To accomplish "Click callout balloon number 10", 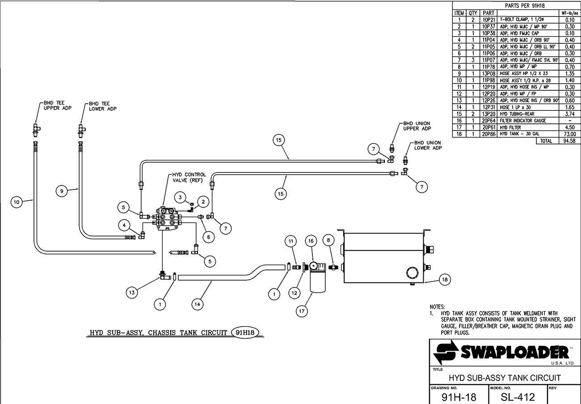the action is pos(17,202).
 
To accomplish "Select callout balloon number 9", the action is pos(62,191).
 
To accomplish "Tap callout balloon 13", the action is pos(132,293).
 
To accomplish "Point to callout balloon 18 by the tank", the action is pos(445,279).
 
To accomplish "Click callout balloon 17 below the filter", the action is pos(302,311).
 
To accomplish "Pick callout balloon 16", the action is pos(311,241).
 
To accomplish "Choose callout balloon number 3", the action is pos(180,198).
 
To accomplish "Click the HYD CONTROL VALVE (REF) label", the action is pos(189,177).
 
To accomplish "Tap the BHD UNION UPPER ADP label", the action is pos(417,126).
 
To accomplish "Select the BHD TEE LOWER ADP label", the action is pos(103,106).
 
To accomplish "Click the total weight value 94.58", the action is pos(569,141).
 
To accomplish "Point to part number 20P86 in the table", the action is pos(488,134).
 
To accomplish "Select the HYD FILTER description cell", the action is pos(510,127).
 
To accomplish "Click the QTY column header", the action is pos(473,13).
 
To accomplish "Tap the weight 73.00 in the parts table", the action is pos(569,134).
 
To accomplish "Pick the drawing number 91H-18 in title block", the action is pos(459,397).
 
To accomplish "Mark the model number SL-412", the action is pos(518,397).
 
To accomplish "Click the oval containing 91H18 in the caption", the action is pos(245,332).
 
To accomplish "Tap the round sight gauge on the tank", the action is pos(412,273).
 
